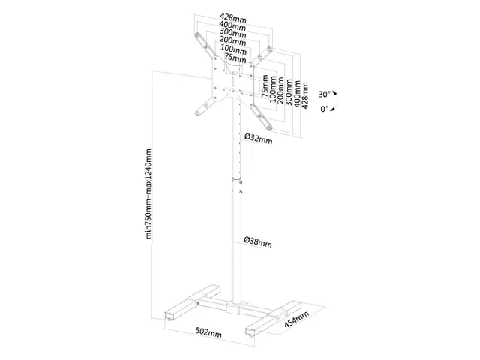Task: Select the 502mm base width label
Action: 209,331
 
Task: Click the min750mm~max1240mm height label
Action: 149,197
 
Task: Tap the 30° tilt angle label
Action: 324,94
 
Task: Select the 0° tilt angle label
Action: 324,109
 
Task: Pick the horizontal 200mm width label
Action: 233,42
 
